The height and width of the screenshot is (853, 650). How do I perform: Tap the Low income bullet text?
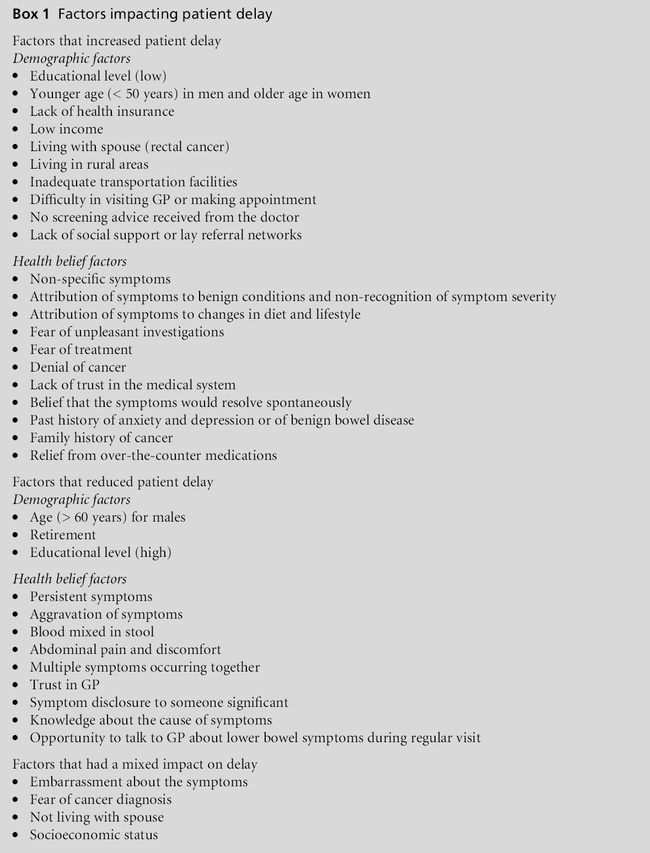tap(66, 129)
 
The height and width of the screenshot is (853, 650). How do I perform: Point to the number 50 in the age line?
tap(133, 94)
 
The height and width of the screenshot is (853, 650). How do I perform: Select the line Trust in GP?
tap(65, 685)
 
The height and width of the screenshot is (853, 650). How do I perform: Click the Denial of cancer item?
tap(78, 367)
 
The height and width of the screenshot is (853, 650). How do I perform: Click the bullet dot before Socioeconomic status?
tap(17, 835)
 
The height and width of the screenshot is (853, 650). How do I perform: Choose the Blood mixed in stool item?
tap(92, 632)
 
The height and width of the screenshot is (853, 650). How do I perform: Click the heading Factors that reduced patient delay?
tap(113, 482)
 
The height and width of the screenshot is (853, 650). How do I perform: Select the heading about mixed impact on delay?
tap(135, 764)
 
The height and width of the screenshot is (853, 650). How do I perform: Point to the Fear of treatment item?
tap(81, 350)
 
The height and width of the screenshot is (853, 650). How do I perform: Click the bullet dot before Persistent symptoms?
tap(17, 597)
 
